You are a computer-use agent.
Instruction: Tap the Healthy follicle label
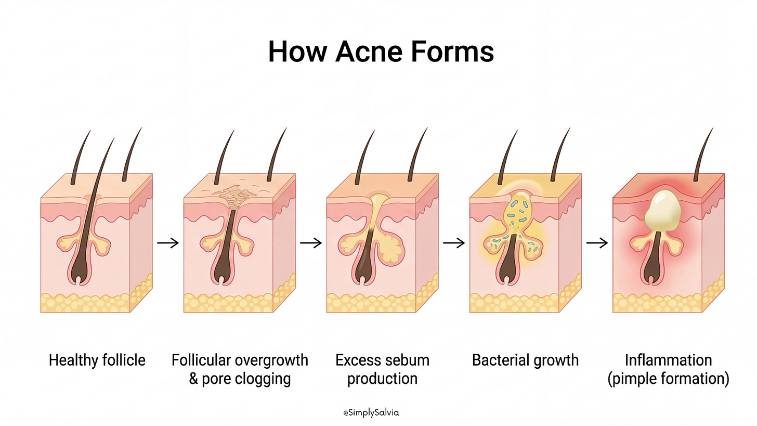click(x=97, y=359)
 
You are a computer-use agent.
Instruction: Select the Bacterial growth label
click(x=525, y=359)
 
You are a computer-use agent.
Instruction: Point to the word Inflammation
click(x=668, y=359)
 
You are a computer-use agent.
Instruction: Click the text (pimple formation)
click(x=668, y=378)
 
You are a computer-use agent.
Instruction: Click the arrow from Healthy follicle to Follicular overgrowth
click(x=167, y=242)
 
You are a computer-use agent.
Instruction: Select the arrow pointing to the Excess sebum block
click(x=310, y=242)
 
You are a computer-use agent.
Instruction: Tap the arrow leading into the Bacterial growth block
click(x=453, y=242)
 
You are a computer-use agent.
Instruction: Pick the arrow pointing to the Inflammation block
click(x=596, y=242)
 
